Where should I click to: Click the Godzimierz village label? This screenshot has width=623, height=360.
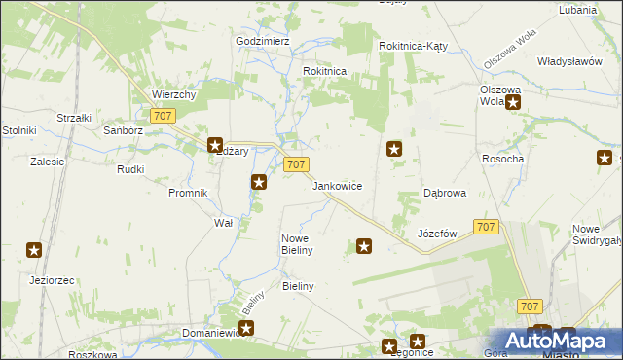tap(263, 42)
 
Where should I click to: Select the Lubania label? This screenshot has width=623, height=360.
tap(577, 10)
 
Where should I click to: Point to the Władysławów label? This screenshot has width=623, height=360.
tap(569, 60)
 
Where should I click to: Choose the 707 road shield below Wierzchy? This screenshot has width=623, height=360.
tap(164, 116)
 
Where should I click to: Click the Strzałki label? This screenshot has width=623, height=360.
tap(74, 118)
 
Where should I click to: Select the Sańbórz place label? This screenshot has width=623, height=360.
tap(124, 129)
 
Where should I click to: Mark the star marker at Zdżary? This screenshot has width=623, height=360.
tap(216, 146)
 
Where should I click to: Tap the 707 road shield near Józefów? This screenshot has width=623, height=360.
tap(487, 226)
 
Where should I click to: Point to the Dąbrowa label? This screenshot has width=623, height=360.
tap(445, 193)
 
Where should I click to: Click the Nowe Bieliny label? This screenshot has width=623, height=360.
tap(296, 244)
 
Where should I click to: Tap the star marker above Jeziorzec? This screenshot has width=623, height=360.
tap(34, 250)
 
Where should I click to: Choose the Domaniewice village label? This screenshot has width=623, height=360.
tap(209, 333)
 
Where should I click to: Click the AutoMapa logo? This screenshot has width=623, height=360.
tap(560, 340)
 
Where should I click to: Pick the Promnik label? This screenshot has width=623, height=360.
tap(188, 193)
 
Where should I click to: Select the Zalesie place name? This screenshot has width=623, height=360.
tap(47, 162)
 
